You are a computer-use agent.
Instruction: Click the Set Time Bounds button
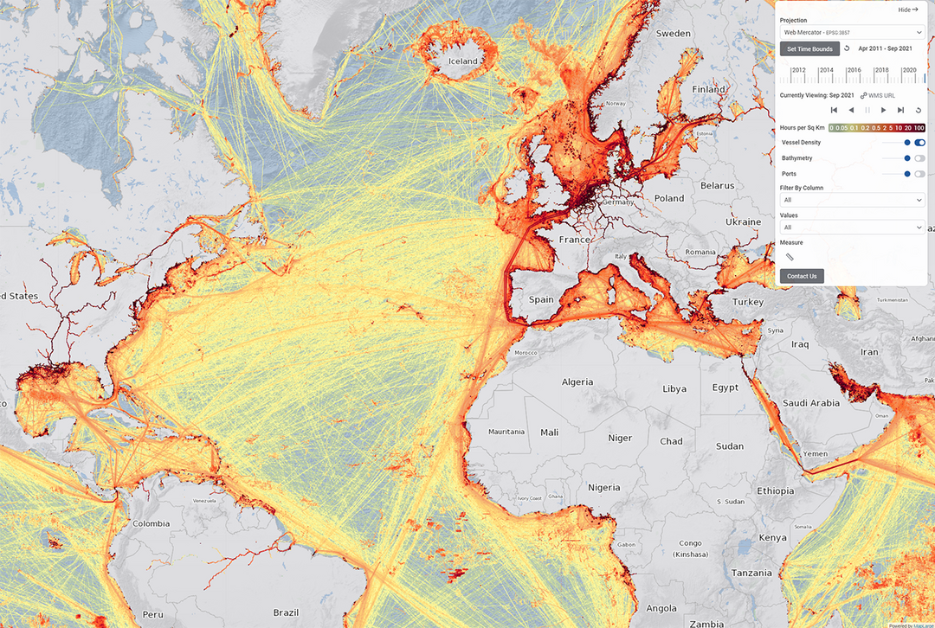(x=809, y=48)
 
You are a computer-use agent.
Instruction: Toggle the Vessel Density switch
(x=919, y=143)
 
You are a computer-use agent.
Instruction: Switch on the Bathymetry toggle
(x=919, y=158)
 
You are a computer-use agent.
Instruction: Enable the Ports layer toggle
(x=919, y=174)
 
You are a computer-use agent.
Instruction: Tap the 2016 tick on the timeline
(x=854, y=71)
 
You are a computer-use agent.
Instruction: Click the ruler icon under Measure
(x=790, y=257)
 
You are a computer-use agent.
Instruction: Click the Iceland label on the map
(x=462, y=61)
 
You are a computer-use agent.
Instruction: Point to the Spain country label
(x=541, y=299)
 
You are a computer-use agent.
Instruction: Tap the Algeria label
(x=577, y=381)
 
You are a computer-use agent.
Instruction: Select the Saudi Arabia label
(x=811, y=403)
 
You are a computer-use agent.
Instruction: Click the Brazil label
(x=286, y=612)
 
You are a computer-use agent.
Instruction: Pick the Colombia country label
(x=152, y=523)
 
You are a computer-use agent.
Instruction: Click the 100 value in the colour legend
(x=919, y=127)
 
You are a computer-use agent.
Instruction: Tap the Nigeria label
(x=604, y=487)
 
